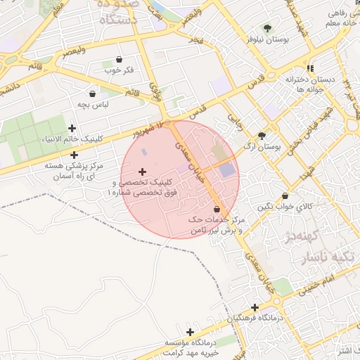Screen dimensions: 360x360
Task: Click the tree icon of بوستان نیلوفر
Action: (x=267, y=28)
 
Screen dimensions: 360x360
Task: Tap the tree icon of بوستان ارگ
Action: (x=262, y=136)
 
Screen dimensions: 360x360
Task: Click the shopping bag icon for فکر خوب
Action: (x=119, y=59)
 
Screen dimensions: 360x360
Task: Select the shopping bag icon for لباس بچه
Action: (x=92, y=94)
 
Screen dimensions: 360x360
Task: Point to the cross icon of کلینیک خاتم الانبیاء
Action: (x=73, y=127)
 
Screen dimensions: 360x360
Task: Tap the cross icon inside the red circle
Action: (x=143, y=172)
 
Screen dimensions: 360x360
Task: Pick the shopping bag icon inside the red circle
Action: (x=216, y=209)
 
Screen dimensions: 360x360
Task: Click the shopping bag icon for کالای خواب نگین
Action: (x=284, y=195)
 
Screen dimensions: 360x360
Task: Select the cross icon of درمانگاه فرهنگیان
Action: (x=255, y=307)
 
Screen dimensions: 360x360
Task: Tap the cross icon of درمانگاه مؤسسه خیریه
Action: (x=190, y=331)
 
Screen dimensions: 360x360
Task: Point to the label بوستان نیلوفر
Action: (x=268, y=40)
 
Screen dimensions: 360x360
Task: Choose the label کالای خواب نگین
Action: (x=284, y=207)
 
